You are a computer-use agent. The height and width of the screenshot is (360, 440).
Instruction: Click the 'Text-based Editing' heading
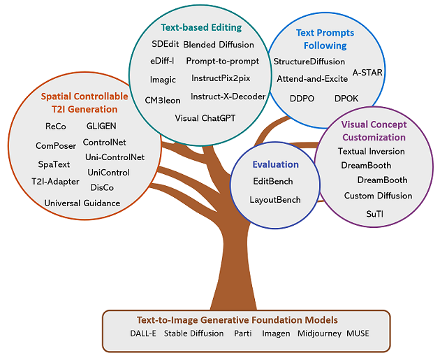click(201, 27)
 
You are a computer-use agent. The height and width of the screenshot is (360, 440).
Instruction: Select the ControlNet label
click(104, 143)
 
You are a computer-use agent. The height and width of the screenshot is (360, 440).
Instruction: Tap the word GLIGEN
click(101, 126)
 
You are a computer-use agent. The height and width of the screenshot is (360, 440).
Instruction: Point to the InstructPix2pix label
click(221, 78)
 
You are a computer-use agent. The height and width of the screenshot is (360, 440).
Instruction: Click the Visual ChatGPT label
click(205, 118)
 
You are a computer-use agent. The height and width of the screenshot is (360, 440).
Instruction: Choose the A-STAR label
click(367, 73)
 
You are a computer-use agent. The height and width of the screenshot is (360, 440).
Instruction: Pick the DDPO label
click(302, 99)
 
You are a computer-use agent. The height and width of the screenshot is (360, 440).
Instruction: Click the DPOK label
click(346, 99)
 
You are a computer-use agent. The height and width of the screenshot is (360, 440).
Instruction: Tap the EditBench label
click(273, 182)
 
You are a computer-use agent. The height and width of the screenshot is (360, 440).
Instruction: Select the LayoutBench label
click(275, 200)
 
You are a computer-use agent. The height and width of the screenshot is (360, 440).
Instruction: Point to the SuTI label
click(374, 215)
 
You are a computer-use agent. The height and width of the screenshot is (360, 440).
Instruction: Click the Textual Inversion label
click(372, 152)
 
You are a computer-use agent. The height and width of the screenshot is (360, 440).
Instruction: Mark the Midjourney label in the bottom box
click(319, 333)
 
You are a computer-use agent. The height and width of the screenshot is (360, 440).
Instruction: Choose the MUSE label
click(358, 333)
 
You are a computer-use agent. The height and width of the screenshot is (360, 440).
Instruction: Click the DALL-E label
click(143, 333)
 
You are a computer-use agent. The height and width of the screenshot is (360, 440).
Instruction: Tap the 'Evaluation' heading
click(276, 164)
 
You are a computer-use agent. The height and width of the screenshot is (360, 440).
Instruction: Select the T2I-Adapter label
click(55, 182)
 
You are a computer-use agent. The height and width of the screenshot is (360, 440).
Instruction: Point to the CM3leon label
click(163, 100)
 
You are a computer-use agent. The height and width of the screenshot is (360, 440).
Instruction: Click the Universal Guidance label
click(82, 203)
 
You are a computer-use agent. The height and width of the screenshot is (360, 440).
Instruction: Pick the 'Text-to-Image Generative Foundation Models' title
click(237, 320)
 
